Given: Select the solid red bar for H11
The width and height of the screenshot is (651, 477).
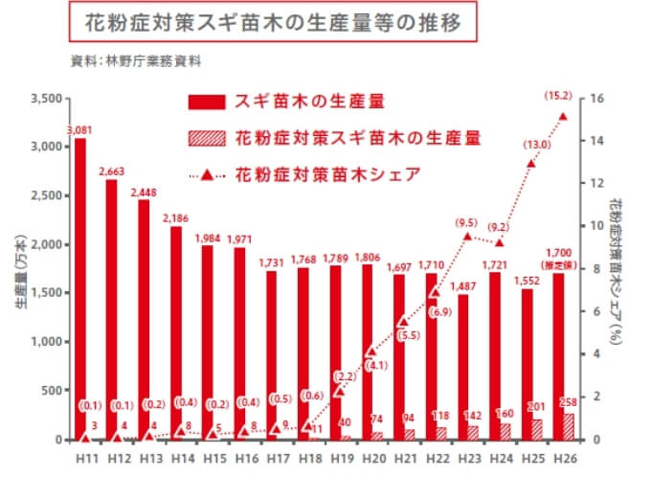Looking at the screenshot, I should click(80, 287).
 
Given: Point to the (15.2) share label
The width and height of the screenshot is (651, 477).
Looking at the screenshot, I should click(557, 96).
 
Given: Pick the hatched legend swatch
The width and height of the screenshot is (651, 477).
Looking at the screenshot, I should click(206, 138).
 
